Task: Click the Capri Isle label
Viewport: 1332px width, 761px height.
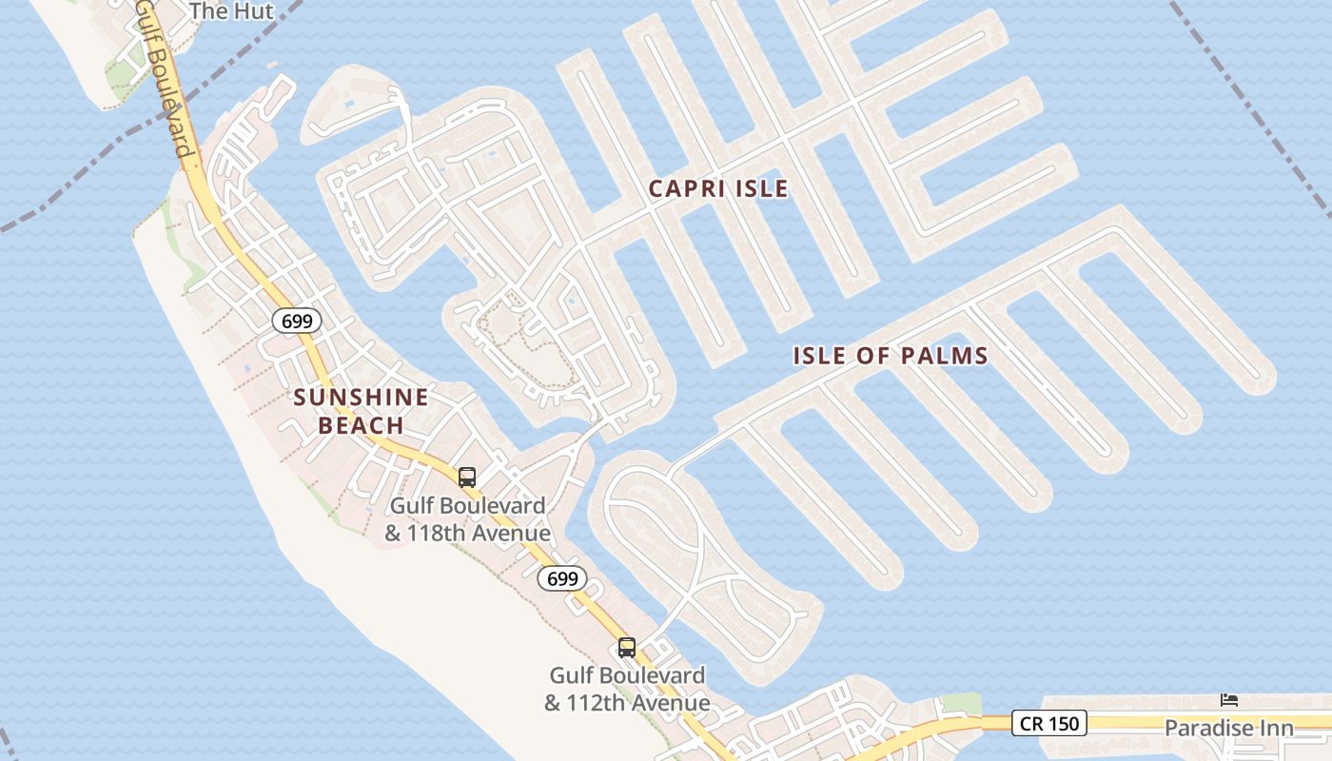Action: point(718,188)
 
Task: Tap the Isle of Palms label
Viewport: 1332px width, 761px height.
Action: point(891,356)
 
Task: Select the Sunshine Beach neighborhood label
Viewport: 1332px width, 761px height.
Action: point(361,411)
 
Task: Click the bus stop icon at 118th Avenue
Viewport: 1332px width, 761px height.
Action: point(467,477)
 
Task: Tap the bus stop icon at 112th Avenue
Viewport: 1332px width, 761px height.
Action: point(627,648)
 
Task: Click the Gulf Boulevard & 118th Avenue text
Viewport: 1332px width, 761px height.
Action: point(467,519)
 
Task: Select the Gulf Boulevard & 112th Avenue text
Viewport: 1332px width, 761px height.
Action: point(627,690)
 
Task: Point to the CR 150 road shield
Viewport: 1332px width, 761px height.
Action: point(1048,723)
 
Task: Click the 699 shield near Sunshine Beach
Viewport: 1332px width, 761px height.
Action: point(297,321)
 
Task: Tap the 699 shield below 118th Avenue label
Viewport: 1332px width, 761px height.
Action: point(562,577)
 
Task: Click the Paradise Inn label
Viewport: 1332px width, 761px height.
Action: point(1229,729)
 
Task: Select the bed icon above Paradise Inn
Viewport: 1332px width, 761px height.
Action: point(1229,700)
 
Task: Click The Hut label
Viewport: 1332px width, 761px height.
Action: point(231,11)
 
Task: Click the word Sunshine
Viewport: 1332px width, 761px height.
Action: point(361,398)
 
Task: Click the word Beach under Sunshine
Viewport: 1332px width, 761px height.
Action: point(361,425)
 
